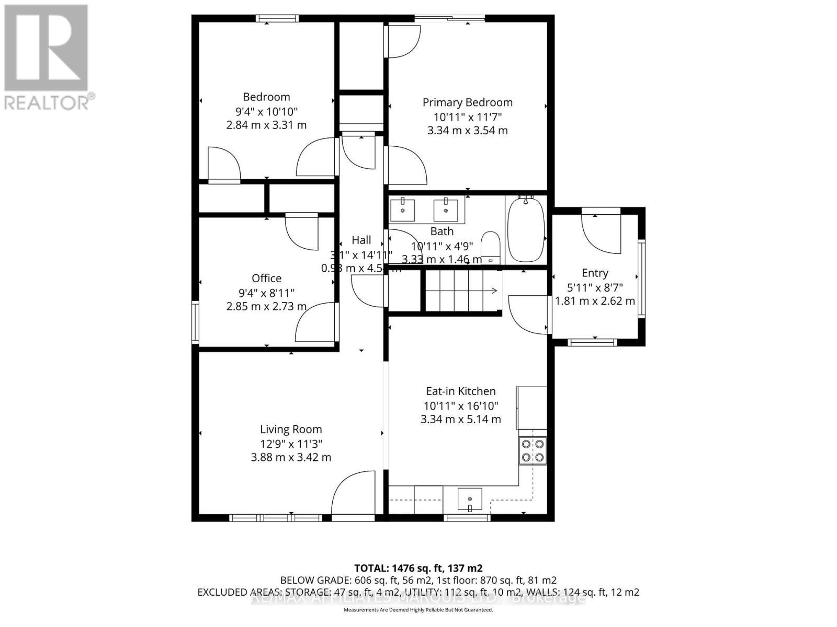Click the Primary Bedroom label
click(467, 102)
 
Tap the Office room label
click(266, 278)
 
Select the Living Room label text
click(291, 429)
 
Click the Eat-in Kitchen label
click(460, 391)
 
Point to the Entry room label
click(595, 273)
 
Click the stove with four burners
click(533, 451)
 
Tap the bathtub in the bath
click(526, 230)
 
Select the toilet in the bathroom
click(490, 247)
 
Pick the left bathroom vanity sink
click(403, 210)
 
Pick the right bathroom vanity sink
click(445, 210)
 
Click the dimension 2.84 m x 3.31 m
click(266, 125)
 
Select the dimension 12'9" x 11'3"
click(291, 444)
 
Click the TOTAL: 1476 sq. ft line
click(418, 568)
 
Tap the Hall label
click(361, 240)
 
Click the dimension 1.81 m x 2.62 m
click(595, 301)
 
